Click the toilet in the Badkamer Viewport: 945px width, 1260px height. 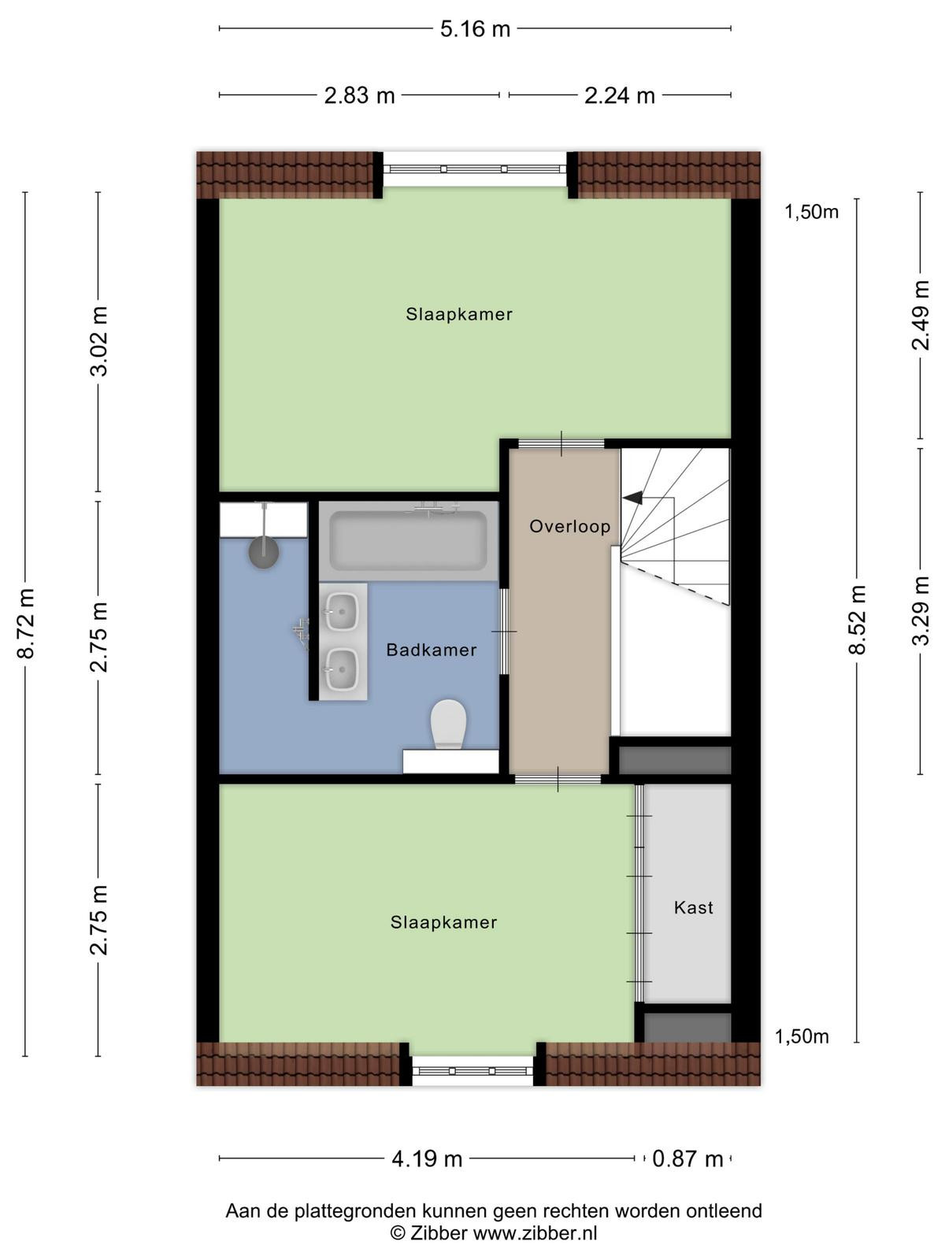coord(448,724)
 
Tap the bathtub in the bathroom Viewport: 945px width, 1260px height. coord(409,541)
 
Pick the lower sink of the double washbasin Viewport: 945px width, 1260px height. coord(343,669)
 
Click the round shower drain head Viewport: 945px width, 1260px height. coord(263,552)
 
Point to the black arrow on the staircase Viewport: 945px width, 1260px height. coord(633,498)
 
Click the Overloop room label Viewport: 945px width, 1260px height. coord(569,526)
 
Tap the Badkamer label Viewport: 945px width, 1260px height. coord(432,650)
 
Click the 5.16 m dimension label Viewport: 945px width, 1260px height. coord(475,28)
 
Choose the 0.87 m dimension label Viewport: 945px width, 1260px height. coord(687,1159)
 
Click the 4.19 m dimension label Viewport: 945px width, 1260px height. coord(427,1159)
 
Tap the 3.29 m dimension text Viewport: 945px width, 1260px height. coord(921,610)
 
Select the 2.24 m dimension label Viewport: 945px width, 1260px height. coord(620,95)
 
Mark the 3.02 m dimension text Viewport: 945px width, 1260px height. coord(98,341)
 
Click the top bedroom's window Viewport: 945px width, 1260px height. coord(475,169)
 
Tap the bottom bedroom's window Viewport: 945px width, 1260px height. coord(472,1071)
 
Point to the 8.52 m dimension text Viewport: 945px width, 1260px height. coord(857,620)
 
